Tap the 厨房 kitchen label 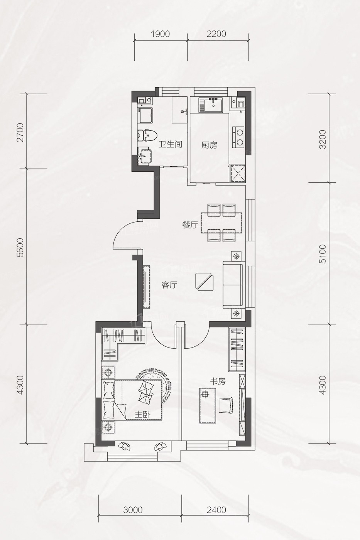[209, 145]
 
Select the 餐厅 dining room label [190, 225]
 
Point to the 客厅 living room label [169, 285]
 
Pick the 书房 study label [218, 381]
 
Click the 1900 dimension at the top [161, 34]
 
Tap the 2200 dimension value [217, 34]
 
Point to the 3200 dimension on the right [322, 139]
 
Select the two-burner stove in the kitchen [238, 137]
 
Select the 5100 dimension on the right [322, 254]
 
